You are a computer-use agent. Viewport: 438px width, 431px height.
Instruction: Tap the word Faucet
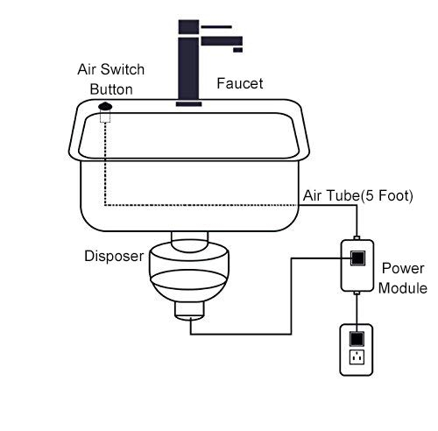pyautogui.click(x=239, y=84)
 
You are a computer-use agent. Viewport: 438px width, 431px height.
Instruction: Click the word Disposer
pyautogui.click(x=113, y=257)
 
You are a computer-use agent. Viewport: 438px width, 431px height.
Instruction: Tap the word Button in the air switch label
pyautogui.click(x=110, y=88)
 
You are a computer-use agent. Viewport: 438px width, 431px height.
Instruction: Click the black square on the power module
pyautogui.click(x=358, y=258)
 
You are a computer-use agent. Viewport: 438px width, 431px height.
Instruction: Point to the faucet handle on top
pyautogui.click(x=215, y=25)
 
